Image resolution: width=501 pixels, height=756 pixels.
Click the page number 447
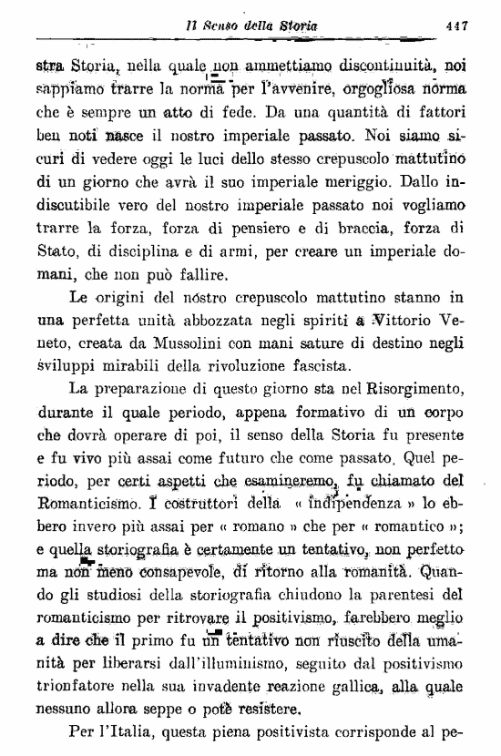click(456, 26)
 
